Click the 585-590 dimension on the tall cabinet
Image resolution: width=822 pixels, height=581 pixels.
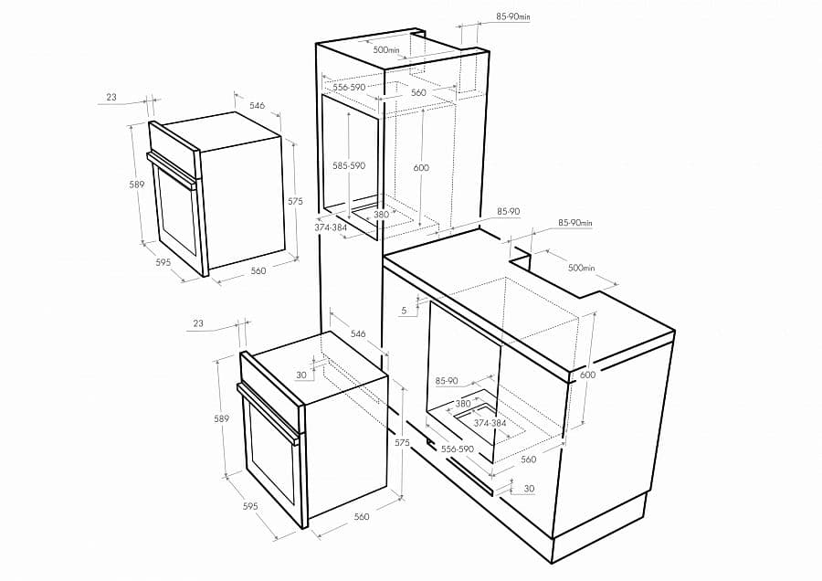pos(349,165)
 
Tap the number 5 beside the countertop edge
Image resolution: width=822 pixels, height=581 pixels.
pos(404,311)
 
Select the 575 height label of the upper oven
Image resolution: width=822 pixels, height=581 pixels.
pos(295,201)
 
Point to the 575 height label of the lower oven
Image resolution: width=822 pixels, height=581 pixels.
pos(403,442)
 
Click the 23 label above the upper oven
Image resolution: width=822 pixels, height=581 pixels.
pos(111,97)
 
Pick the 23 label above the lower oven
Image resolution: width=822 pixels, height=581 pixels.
pos(199,323)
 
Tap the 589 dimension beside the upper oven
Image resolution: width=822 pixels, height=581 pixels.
pos(137,185)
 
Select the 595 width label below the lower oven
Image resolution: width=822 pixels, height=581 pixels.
pos(249,506)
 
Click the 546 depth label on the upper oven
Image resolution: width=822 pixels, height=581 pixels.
pos(258,106)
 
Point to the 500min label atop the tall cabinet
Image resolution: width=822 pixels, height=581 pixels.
pos(385,49)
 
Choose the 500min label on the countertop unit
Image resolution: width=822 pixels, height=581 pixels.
pos(581,268)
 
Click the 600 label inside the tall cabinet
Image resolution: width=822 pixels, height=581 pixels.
pos(421,168)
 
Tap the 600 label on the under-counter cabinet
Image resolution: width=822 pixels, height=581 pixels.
pos(587,375)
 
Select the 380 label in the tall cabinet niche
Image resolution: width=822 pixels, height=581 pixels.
pos(381,215)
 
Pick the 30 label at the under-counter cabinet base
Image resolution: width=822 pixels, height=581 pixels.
pos(529,489)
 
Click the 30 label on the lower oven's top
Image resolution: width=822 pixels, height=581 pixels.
pos(301,375)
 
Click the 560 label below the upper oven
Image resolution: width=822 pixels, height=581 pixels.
pos(258,270)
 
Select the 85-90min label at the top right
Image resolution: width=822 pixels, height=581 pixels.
pos(512,16)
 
